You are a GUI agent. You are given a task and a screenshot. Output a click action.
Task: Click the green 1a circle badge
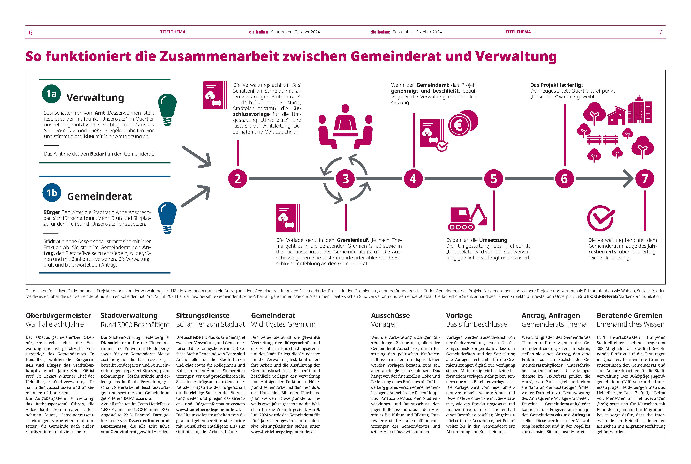(x=51, y=94)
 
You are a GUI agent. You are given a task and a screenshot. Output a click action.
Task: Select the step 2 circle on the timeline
(x=238, y=179)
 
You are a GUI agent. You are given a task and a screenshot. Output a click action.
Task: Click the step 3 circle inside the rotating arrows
(x=345, y=179)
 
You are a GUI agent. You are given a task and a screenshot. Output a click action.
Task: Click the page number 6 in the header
(x=30, y=32)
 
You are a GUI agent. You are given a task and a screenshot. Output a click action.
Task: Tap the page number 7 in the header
(x=660, y=32)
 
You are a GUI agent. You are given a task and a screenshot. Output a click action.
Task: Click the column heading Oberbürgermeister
(x=58, y=315)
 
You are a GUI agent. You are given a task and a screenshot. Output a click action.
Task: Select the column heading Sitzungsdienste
(x=203, y=315)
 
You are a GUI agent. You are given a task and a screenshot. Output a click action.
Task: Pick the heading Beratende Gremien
(x=629, y=315)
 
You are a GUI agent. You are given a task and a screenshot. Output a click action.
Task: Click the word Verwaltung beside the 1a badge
(x=95, y=97)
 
